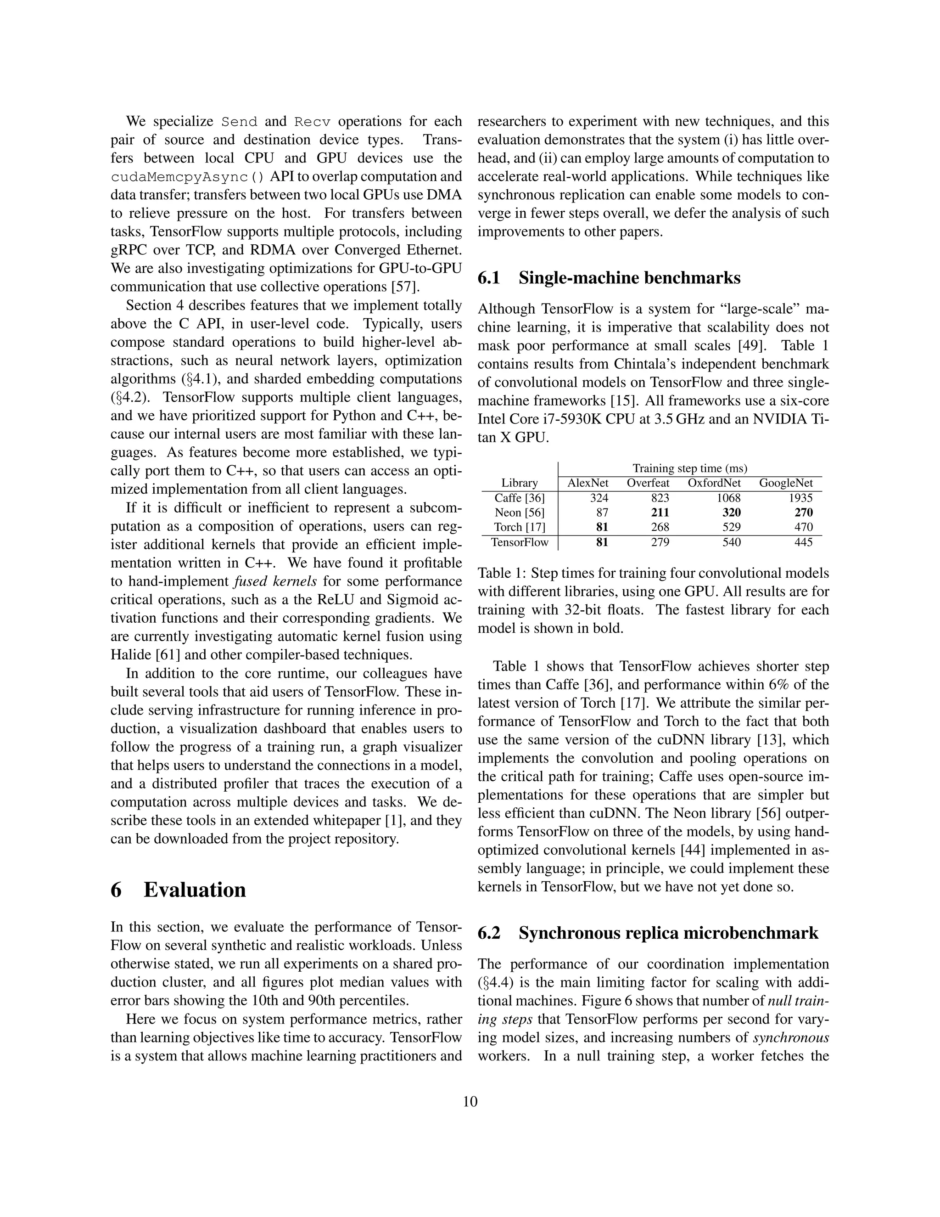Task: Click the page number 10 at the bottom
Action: [x=470, y=1102]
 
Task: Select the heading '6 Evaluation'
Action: [x=178, y=890]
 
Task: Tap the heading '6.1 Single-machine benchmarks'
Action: [x=609, y=277]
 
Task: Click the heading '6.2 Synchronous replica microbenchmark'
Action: [x=648, y=933]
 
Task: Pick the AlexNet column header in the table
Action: [x=587, y=483]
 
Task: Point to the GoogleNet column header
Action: [x=785, y=483]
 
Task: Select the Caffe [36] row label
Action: [x=519, y=498]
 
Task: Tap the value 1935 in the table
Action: [x=801, y=498]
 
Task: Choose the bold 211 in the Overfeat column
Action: [x=660, y=513]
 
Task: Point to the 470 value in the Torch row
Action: [x=803, y=527]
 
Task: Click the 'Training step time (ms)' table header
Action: [x=689, y=468]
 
